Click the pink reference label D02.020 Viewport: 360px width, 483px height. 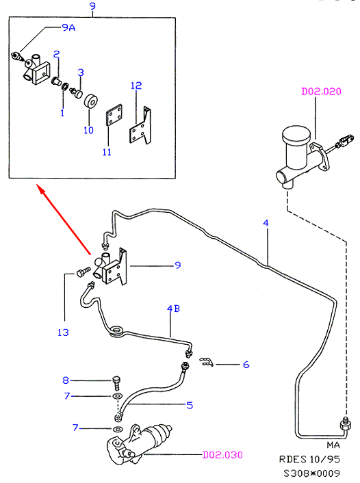tap(321, 92)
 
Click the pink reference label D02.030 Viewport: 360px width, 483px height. tap(222, 455)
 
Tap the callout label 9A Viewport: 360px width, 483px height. tap(68, 28)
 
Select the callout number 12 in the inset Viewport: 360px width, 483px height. tap(136, 86)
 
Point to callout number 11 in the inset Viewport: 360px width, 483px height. tap(107, 152)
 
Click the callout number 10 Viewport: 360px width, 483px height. tap(88, 130)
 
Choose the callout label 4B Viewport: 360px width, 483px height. tap(174, 309)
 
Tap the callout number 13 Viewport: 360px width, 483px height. tap(63, 332)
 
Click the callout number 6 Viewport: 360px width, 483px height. tap(246, 365)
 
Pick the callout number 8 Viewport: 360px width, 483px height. tap(66, 380)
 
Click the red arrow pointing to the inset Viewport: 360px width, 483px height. tap(64, 220)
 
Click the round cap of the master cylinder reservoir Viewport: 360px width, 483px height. tap(296, 135)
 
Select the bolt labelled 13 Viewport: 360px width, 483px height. tap(83, 272)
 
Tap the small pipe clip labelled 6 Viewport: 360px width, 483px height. tap(206, 362)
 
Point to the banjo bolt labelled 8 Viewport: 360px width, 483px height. tap(116, 382)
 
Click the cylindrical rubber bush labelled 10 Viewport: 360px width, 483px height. tap(91, 102)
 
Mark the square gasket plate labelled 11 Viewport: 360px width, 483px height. tap(114, 115)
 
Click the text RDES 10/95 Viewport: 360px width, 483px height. tap(309, 459)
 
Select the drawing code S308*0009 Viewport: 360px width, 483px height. tap(311, 473)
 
